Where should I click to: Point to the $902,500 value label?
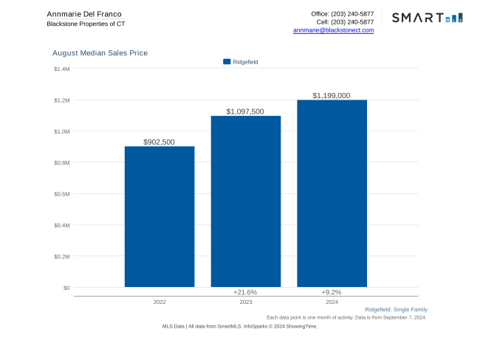[160, 142]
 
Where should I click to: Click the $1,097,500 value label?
[245, 111]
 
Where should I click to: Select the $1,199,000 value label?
[332, 96]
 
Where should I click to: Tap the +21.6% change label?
[245, 292]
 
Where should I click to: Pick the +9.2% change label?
[332, 292]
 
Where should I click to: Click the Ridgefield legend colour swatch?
[227, 62]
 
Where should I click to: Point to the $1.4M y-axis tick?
[62, 69]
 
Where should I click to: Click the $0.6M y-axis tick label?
[62, 194]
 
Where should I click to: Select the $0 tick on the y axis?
[66, 288]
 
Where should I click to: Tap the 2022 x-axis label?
[160, 302]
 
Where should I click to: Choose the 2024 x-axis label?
[332, 302]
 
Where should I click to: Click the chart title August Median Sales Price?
[100, 53]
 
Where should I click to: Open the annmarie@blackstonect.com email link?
[333, 30]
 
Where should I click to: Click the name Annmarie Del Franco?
[84, 14]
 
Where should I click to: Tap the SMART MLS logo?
[427, 18]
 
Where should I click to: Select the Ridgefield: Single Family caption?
[396, 309]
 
